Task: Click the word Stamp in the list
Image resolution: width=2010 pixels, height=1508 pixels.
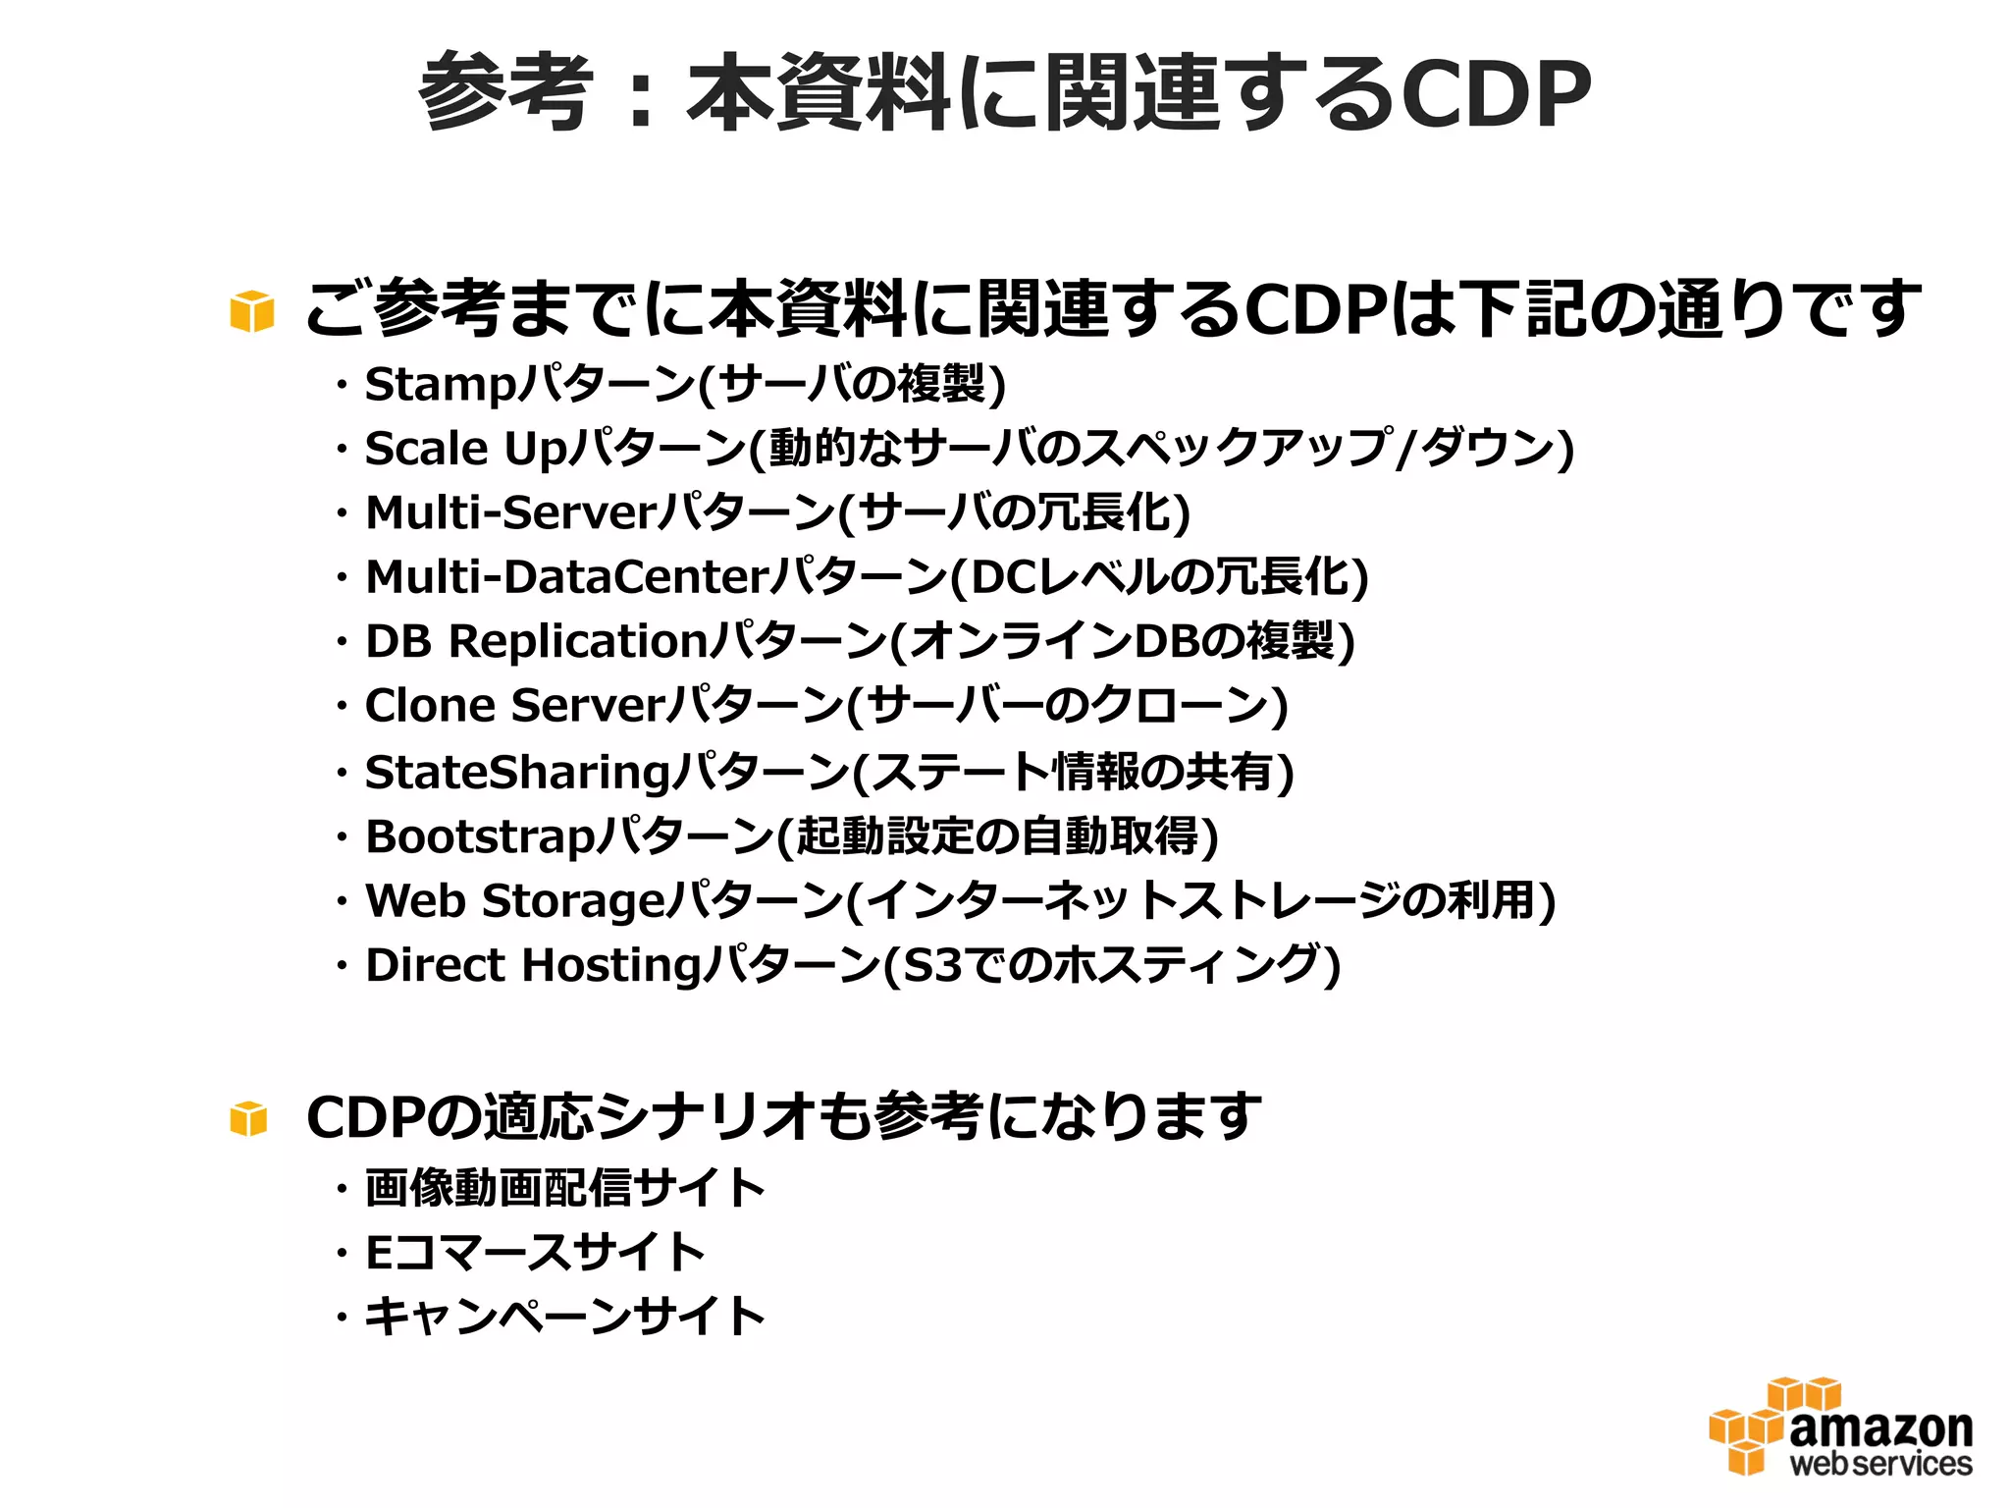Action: point(440,384)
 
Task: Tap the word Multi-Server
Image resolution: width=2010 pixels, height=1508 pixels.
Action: point(510,512)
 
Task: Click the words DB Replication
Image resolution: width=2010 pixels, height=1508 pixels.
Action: point(536,642)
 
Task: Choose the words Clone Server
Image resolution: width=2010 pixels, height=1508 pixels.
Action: point(515,706)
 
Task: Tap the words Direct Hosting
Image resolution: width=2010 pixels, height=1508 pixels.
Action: point(534,966)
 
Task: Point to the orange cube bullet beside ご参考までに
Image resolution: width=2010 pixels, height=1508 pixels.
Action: point(252,311)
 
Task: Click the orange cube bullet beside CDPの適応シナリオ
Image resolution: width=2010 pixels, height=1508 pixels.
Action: point(248,1118)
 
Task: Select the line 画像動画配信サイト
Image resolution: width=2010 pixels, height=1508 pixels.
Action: point(564,1188)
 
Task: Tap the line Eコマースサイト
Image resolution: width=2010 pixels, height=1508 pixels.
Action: point(535,1253)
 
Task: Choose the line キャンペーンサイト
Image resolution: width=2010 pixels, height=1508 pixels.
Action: point(564,1317)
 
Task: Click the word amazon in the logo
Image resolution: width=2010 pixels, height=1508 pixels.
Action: point(1880,1428)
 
